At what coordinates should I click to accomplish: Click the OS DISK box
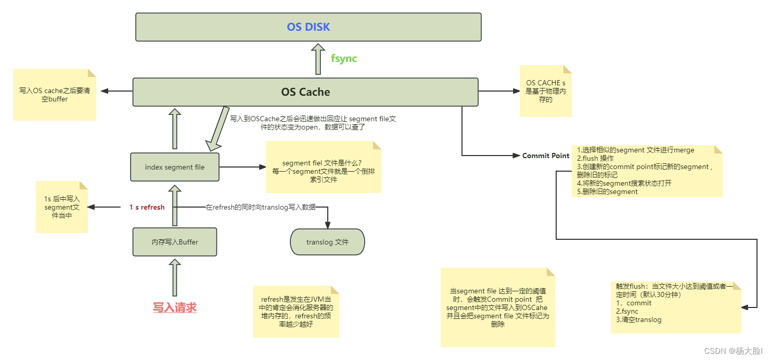pyautogui.click(x=308, y=27)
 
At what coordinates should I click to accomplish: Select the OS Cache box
pyautogui.click(x=305, y=92)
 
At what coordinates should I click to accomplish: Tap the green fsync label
pyautogui.click(x=344, y=58)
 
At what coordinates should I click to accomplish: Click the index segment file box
pyautogui.click(x=175, y=167)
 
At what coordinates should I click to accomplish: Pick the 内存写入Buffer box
pyautogui.click(x=175, y=242)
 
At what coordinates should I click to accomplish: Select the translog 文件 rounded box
pyautogui.click(x=327, y=242)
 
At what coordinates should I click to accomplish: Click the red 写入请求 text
pyautogui.click(x=174, y=307)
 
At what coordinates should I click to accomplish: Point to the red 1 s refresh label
pyautogui.click(x=147, y=207)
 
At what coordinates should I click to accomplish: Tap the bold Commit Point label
pyautogui.click(x=545, y=156)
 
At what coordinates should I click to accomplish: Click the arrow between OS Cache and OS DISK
pyautogui.click(x=317, y=59)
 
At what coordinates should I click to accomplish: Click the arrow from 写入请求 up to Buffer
pyautogui.click(x=175, y=278)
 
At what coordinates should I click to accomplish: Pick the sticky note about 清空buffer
pyautogui.click(x=55, y=95)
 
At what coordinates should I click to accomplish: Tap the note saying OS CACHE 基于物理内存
pyautogui.click(x=545, y=91)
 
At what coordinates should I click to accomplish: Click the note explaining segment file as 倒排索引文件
pyautogui.click(x=323, y=167)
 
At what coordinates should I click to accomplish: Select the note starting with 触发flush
pyautogui.click(x=675, y=307)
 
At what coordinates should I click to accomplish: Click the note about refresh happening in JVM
pyautogui.click(x=296, y=311)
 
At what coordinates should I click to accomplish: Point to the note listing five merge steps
pyautogui.click(x=647, y=171)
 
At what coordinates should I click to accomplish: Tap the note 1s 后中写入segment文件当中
pyautogui.click(x=61, y=207)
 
